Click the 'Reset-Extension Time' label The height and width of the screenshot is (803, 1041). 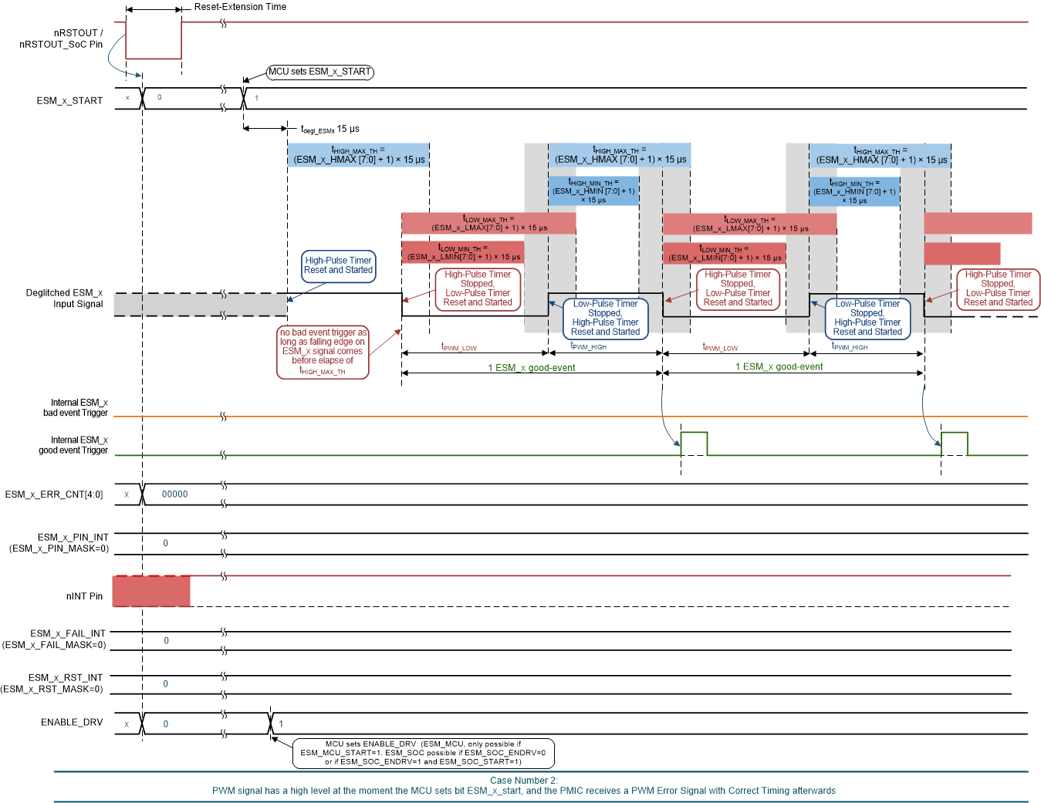coord(240,7)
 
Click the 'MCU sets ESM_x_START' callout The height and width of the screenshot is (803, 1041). coord(319,72)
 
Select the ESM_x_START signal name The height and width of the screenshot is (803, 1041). coord(69,101)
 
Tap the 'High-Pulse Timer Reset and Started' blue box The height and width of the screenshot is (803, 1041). coord(338,265)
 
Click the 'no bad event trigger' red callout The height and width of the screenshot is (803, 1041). coord(323,352)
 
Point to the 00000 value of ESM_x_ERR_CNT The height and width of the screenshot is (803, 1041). coord(174,494)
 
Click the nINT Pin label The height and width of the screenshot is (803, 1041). coord(84,596)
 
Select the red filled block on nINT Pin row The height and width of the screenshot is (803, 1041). coord(151,591)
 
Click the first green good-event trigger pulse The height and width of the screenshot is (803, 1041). coord(694,444)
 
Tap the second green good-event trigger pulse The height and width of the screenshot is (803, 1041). coord(954,444)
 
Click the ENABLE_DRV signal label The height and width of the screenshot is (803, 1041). coord(72,723)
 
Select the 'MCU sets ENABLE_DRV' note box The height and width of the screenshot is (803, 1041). coord(423,753)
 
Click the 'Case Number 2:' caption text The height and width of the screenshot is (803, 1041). coord(523,781)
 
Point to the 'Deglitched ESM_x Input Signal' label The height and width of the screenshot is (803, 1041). coord(64,299)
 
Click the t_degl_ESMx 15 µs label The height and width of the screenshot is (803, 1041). coord(330,130)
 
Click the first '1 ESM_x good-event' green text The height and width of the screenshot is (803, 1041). coord(531,368)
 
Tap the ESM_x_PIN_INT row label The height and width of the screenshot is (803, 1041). coord(73,538)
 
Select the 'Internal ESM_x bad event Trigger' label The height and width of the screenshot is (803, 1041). coord(75,408)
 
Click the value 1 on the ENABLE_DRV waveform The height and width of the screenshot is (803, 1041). coord(281,724)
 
